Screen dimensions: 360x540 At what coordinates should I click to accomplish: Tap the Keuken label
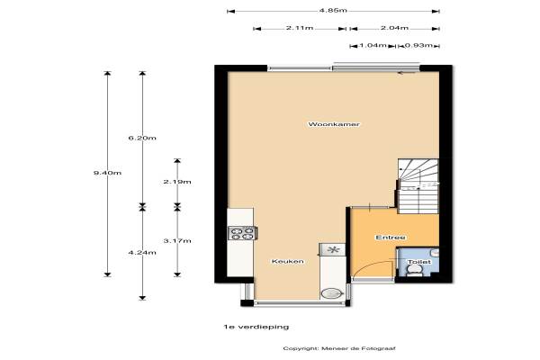coord(287,261)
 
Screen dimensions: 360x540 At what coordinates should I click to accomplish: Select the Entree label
coord(391,238)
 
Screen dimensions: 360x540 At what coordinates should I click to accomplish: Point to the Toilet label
coord(418,263)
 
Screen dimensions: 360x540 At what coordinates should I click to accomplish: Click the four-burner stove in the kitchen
coord(241,234)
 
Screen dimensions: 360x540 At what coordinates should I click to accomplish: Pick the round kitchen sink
coord(330,292)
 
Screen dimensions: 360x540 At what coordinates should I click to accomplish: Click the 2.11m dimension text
coord(300,28)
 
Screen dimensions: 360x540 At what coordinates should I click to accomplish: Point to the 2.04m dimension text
coord(395,28)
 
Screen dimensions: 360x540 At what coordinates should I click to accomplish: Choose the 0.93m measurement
coord(416,45)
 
